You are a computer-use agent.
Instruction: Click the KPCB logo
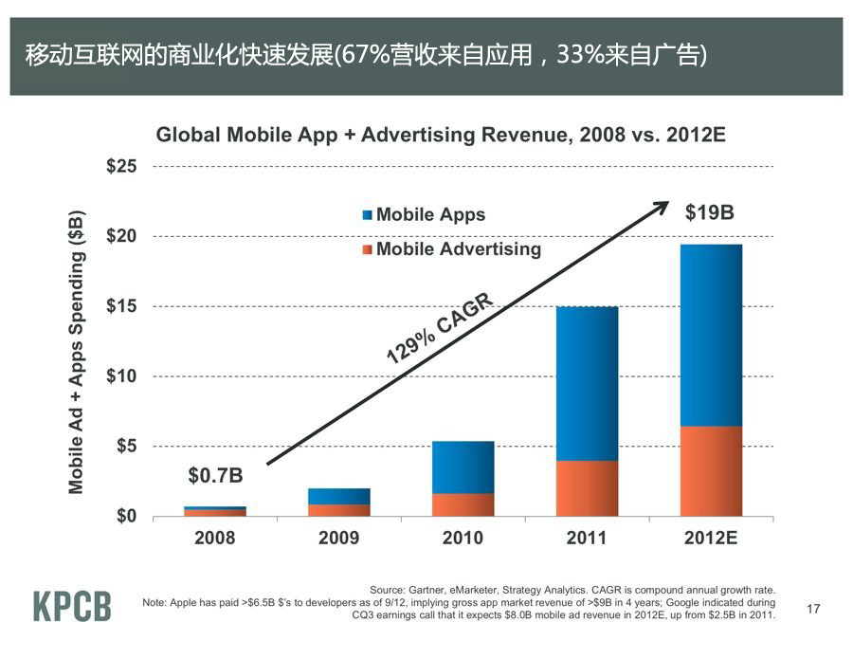click(x=73, y=606)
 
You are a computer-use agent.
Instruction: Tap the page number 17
click(x=812, y=609)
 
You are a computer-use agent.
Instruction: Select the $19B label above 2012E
click(x=709, y=213)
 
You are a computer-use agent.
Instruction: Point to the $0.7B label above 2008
click(x=215, y=474)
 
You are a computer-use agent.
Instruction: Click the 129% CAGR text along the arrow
click(x=441, y=329)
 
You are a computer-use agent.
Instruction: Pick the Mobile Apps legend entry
click(x=424, y=214)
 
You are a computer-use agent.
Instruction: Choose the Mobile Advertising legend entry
click(x=451, y=249)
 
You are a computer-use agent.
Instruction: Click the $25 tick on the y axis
click(x=121, y=167)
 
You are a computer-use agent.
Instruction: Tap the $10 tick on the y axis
click(x=121, y=376)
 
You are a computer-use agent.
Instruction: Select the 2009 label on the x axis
click(x=338, y=539)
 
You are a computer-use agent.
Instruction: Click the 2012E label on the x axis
click(x=711, y=539)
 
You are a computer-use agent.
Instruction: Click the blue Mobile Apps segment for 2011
click(x=587, y=383)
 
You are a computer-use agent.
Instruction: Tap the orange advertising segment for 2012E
click(x=711, y=471)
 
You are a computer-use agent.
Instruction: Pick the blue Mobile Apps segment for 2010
click(x=463, y=467)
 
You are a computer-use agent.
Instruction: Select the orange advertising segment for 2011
click(x=587, y=488)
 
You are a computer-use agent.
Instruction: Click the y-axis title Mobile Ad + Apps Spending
click(x=78, y=351)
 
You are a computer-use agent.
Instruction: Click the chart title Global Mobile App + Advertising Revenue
click(x=441, y=135)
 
